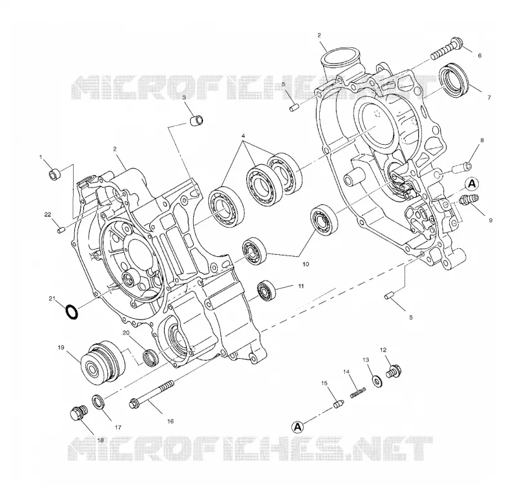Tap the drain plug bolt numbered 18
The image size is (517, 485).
pos(79,413)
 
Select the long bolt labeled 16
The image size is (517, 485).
pos(151,393)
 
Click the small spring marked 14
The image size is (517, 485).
pos(358,393)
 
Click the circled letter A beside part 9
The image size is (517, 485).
pos(472,184)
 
